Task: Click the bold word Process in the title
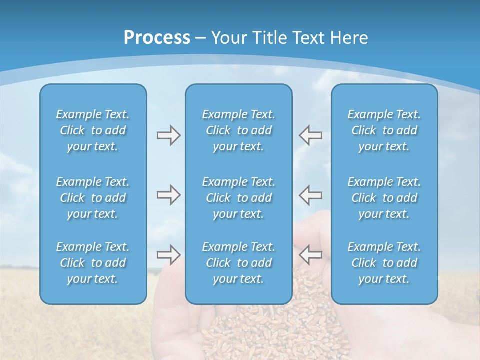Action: point(157,38)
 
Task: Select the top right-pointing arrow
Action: point(168,135)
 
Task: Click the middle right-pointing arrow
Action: point(168,195)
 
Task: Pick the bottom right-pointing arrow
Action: point(168,255)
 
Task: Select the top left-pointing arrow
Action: point(310,135)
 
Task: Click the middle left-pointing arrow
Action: point(310,195)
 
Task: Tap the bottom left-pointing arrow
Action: point(310,255)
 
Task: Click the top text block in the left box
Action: point(93,130)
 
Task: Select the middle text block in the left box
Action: point(93,198)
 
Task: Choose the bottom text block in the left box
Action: point(93,263)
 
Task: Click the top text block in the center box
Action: point(238,130)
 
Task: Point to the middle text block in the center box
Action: point(238,198)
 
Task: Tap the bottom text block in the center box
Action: point(238,263)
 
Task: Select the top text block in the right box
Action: point(384,130)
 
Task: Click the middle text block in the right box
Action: point(384,198)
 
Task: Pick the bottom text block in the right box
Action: point(384,263)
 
